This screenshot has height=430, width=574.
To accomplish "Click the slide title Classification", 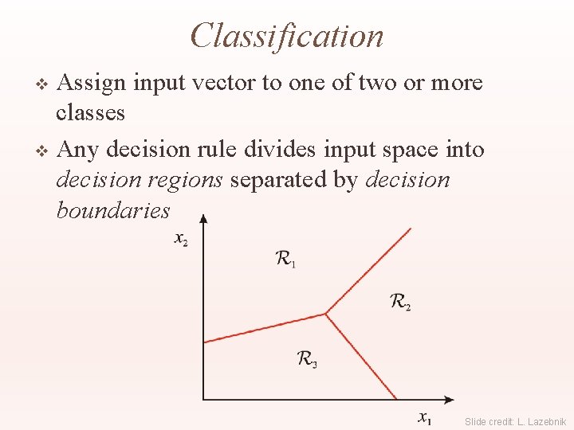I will pyautogui.click(x=287, y=36).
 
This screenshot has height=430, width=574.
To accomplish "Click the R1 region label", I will pyautogui.click(x=285, y=259).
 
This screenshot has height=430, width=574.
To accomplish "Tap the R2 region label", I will pyautogui.click(x=400, y=302).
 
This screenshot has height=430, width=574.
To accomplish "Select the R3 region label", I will pyautogui.click(x=307, y=360).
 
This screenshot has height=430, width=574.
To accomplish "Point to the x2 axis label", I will pyautogui.click(x=182, y=239).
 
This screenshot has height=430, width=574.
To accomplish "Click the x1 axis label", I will pyautogui.click(x=427, y=416).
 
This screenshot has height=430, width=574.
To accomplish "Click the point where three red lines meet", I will pyautogui.click(x=325, y=314).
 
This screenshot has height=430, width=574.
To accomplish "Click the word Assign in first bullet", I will pyautogui.click(x=93, y=84).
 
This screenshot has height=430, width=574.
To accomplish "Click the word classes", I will pyautogui.click(x=90, y=113).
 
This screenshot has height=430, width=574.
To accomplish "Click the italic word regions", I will pyautogui.click(x=192, y=181).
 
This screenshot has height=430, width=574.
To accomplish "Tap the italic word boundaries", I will pyautogui.click(x=113, y=210).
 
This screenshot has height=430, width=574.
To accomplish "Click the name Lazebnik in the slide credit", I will pyautogui.click(x=547, y=421).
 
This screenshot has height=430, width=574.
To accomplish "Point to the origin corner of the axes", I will pyautogui.click(x=203, y=399).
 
